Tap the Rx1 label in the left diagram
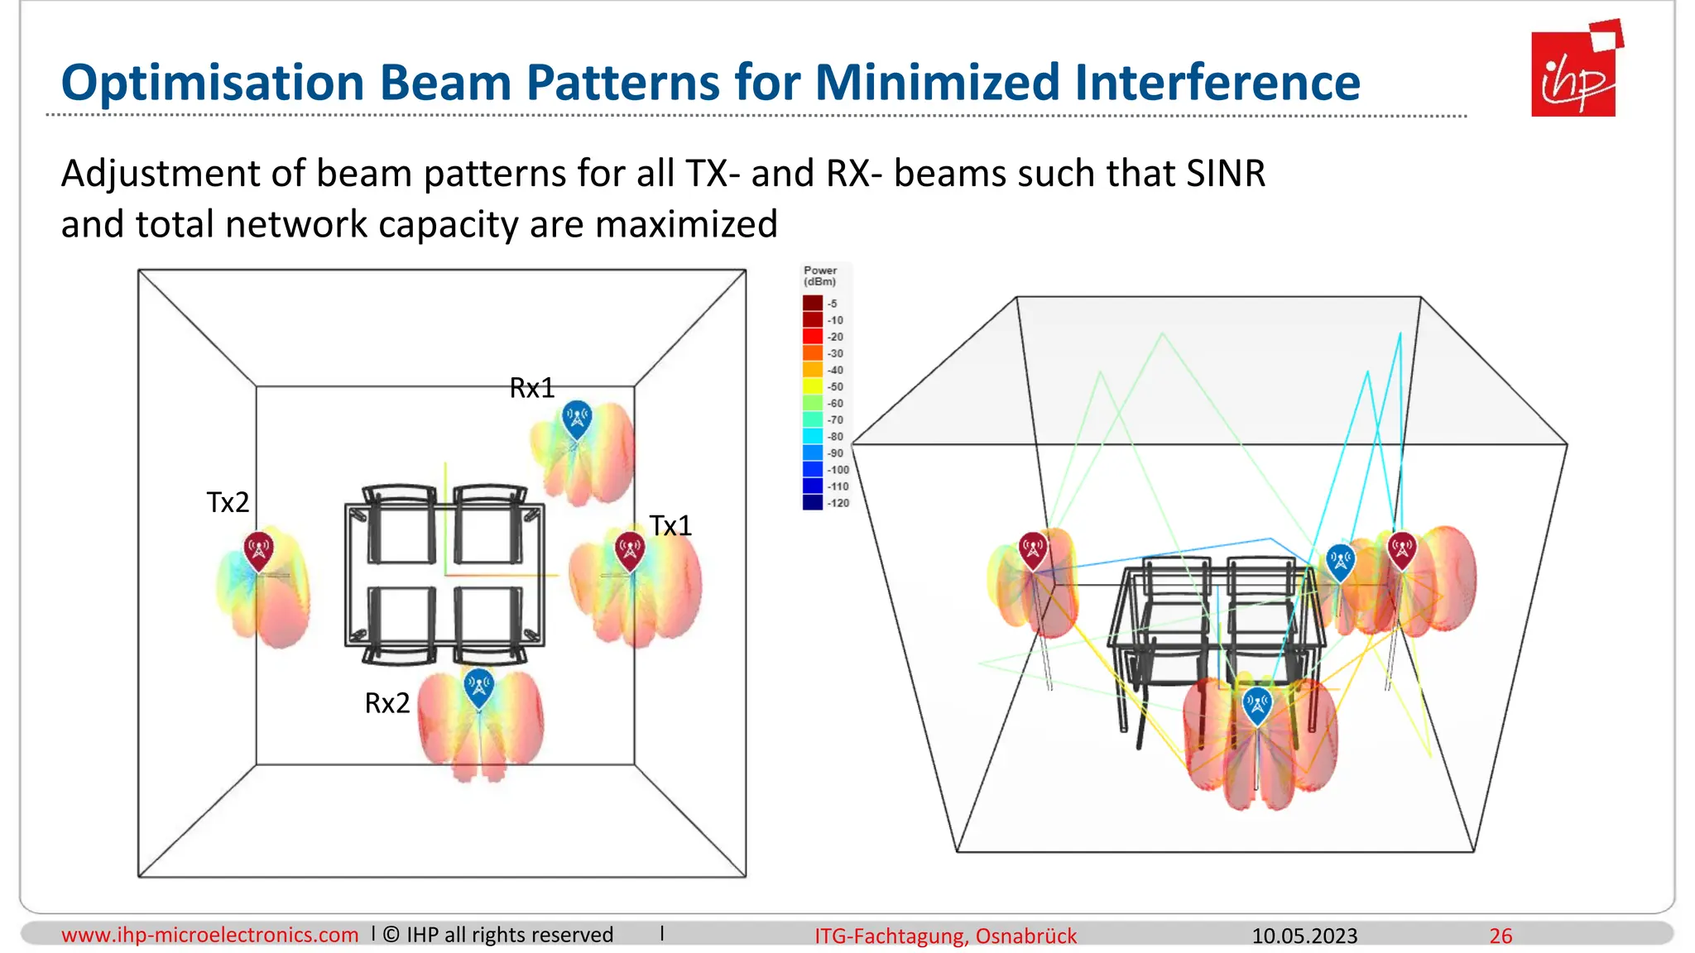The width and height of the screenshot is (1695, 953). [x=531, y=388]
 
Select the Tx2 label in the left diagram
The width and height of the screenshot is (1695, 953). [x=228, y=502]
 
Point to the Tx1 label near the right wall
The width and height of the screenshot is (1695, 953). [x=670, y=525]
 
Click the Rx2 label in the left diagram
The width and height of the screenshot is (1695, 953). [x=387, y=703]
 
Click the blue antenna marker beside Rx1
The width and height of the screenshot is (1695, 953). [x=576, y=419]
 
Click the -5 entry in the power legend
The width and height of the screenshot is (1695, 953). [x=832, y=304]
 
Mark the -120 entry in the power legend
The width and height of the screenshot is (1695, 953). [x=838, y=503]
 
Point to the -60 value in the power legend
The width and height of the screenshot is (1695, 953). [x=835, y=404]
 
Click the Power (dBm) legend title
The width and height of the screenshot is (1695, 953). [x=819, y=275]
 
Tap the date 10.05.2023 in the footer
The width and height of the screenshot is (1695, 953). [x=1304, y=936]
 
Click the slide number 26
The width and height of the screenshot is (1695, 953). [x=1501, y=936]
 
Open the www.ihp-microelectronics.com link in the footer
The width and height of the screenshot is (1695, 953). [x=209, y=935]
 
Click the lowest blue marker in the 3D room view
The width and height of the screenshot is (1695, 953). [x=1257, y=705]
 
